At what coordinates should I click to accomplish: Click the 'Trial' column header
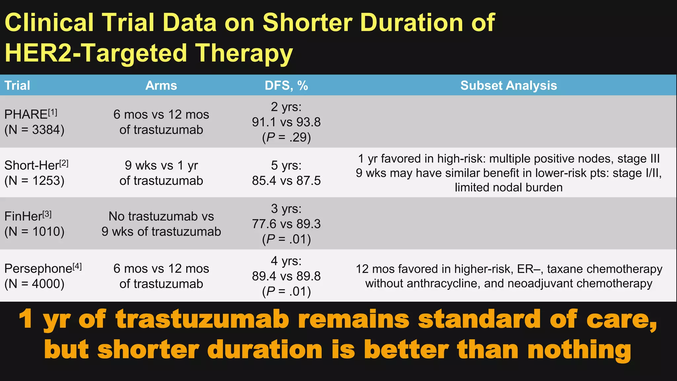[x=17, y=86]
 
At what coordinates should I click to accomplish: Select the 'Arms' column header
[x=161, y=86]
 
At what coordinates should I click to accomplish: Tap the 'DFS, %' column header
[x=286, y=86]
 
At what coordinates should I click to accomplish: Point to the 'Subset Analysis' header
[x=508, y=86]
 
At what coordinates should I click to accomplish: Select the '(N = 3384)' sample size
[x=34, y=130]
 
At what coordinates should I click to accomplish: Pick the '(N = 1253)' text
[x=34, y=181]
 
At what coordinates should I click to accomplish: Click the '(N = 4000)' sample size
[x=34, y=284]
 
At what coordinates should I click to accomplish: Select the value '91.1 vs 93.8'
[x=286, y=122]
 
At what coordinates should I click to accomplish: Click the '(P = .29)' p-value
[x=286, y=137]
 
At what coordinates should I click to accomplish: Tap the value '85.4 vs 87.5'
[x=286, y=181]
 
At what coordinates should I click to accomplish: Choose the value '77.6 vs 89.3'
[x=286, y=224]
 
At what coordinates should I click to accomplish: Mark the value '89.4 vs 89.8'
[x=286, y=276]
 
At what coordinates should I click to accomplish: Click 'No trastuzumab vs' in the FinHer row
[x=161, y=216]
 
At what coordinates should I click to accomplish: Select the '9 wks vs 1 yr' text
[x=161, y=165]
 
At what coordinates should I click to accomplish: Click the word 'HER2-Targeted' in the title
[x=96, y=53]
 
